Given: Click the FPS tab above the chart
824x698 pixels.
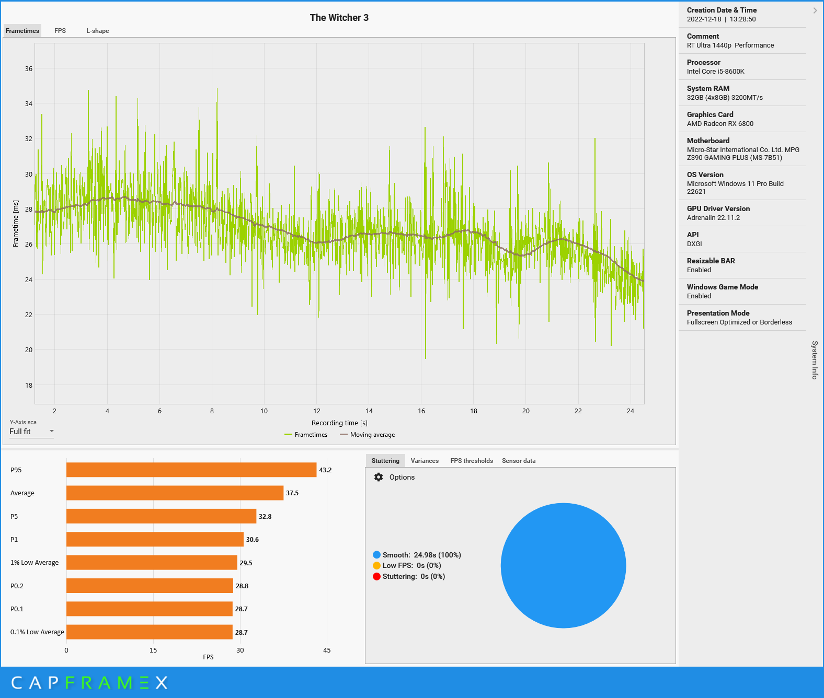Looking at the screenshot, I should pyautogui.click(x=60, y=31).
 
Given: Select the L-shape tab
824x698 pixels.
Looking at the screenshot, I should pyautogui.click(x=98, y=31).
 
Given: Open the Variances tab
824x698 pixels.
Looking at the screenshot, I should pyautogui.click(x=425, y=461).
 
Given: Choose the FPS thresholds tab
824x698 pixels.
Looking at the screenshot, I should pyautogui.click(x=472, y=461).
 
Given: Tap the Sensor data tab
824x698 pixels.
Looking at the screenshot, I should pyautogui.click(x=519, y=461).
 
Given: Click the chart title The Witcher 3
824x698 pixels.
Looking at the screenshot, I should pyautogui.click(x=339, y=18).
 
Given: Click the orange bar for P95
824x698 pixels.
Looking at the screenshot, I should pyautogui.click(x=191, y=470).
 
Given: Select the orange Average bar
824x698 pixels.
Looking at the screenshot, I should pyautogui.click(x=175, y=493).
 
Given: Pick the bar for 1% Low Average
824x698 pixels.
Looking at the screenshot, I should pyautogui.click(x=152, y=563).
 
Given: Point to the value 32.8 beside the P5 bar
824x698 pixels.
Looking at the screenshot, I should pyautogui.click(x=265, y=516).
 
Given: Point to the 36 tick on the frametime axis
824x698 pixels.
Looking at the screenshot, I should pyautogui.click(x=29, y=68).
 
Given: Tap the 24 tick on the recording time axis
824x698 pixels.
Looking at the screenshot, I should pyautogui.click(x=631, y=411).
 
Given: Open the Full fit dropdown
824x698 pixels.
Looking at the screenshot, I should pyautogui.click(x=31, y=432).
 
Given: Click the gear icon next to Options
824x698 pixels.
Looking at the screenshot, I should pyautogui.click(x=379, y=477).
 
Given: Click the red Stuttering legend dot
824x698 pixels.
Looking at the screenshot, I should pyautogui.click(x=376, y=576).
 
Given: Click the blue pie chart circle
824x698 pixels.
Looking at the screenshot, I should pyautogui.click(x=563, y=565).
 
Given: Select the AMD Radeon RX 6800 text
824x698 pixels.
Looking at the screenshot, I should pyautogui.click(x=720, y=124).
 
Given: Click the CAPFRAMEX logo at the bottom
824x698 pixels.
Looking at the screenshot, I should pyautogui.click(x=89, y=682).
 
